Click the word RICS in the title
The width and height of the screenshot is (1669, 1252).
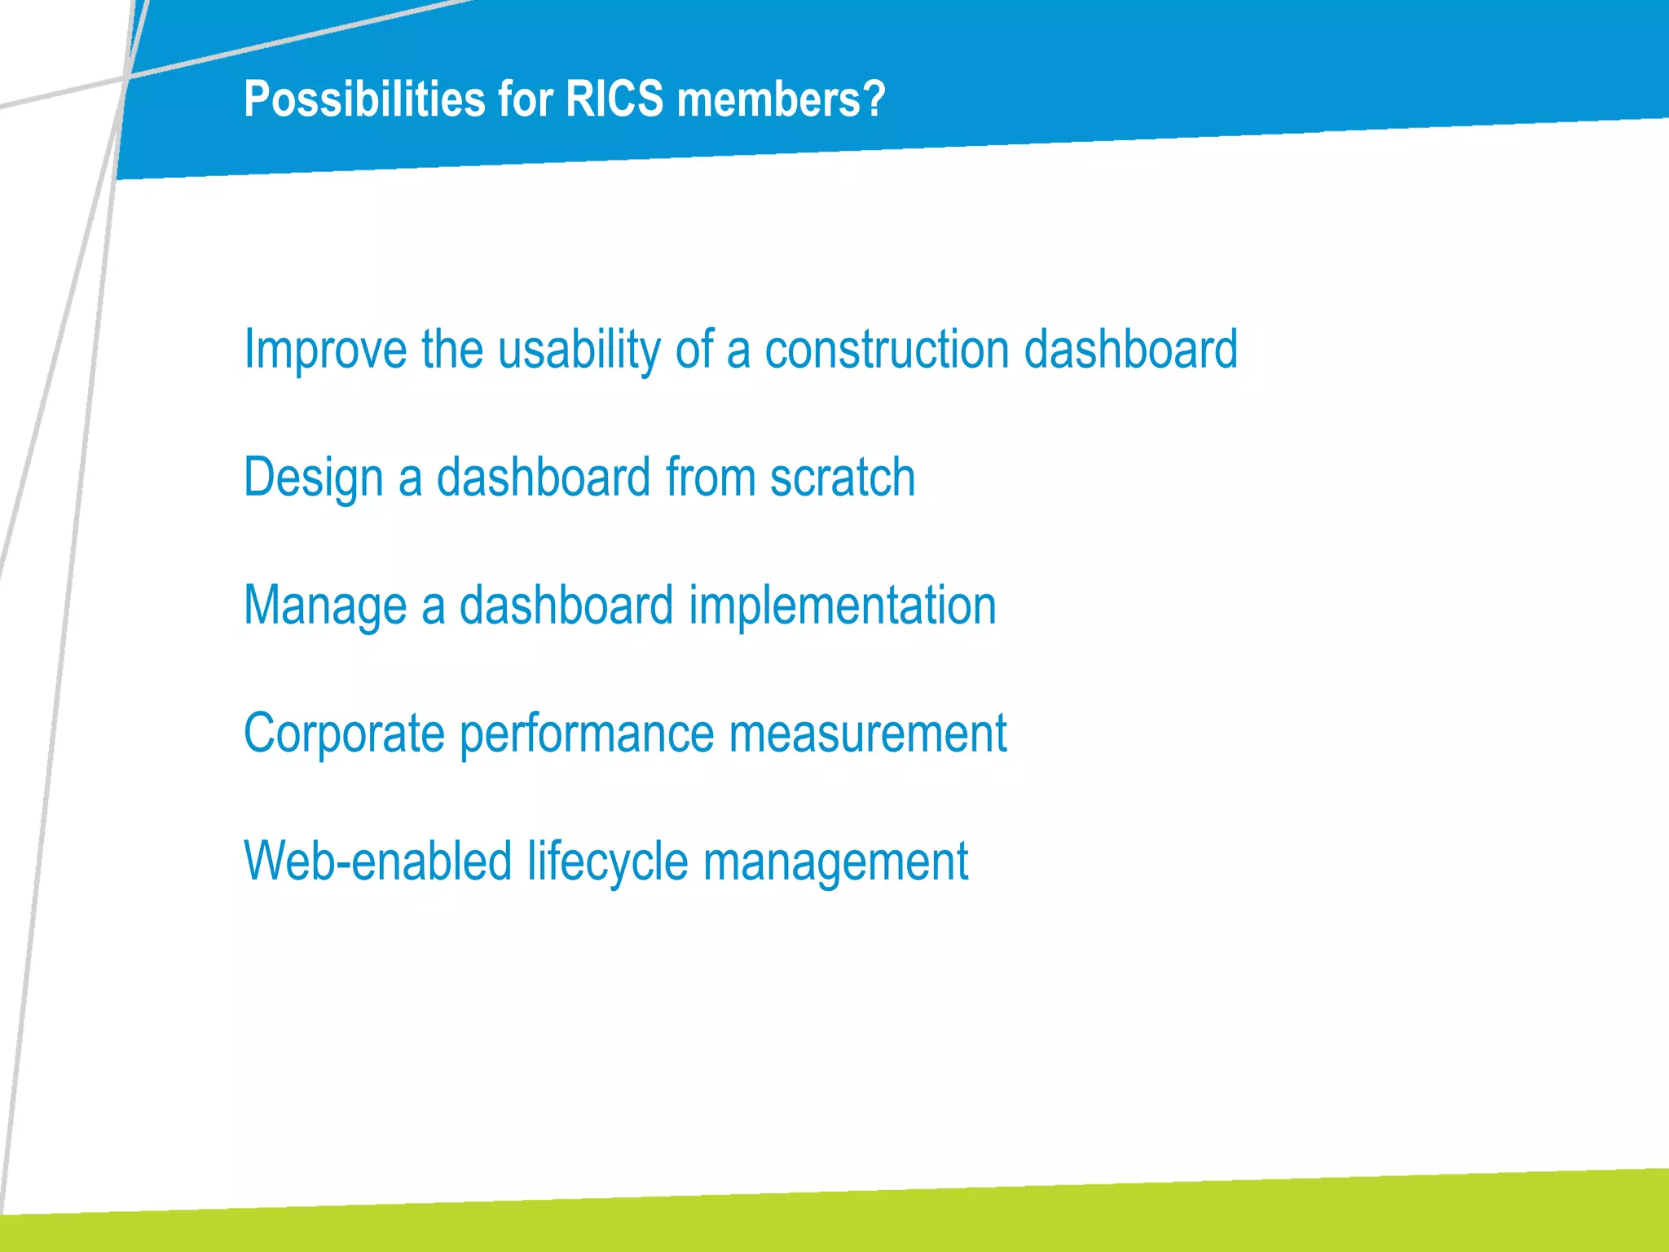tap(614, 99)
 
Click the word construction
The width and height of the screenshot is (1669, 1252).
tap(887, 349)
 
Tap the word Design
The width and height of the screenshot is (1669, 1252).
tap(313, 478)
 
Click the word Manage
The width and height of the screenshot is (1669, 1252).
tap(324, 606)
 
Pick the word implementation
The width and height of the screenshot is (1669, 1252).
tap(843, 606)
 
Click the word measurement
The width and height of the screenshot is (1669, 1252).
tap(867, 733)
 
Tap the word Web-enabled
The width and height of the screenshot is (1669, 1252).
tap(377, 861)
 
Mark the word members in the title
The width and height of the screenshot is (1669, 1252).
tap(765, 99)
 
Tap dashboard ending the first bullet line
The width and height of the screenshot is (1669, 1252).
tap(1130, 349)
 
